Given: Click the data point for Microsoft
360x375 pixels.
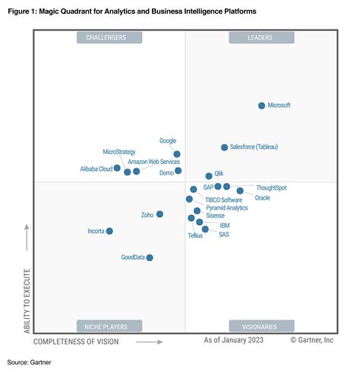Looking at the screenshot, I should pyautogui.click(x=261, y=106).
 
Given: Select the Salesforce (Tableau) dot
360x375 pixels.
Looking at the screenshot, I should pyautogui.click(x=224, y=147).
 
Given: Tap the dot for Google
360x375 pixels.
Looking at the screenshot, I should pyautogui.click(x=177, y=154).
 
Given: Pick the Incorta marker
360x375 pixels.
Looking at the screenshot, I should pyautogui.click(x=109, y=231).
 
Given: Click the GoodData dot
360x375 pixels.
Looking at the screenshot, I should pyautogui.click(x=150, y=258).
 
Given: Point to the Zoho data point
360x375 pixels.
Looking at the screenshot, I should pyautogui.click(x=159, y=215).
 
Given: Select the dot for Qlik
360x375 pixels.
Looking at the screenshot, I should pyautogui.click(x=209, y=176).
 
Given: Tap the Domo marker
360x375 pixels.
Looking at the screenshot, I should pyautogui.click(x=178, y=171).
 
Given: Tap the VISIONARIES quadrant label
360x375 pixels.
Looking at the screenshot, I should pyautogui.click(x=261, y=326).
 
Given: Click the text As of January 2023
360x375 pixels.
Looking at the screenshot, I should pyautogui.click(x=235, y=342).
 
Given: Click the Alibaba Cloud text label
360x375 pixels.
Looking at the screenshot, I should pyautogui.click(x=96, y=169).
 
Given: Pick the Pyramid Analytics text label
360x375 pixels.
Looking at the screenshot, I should pyautogui.click(x=226, y=207).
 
